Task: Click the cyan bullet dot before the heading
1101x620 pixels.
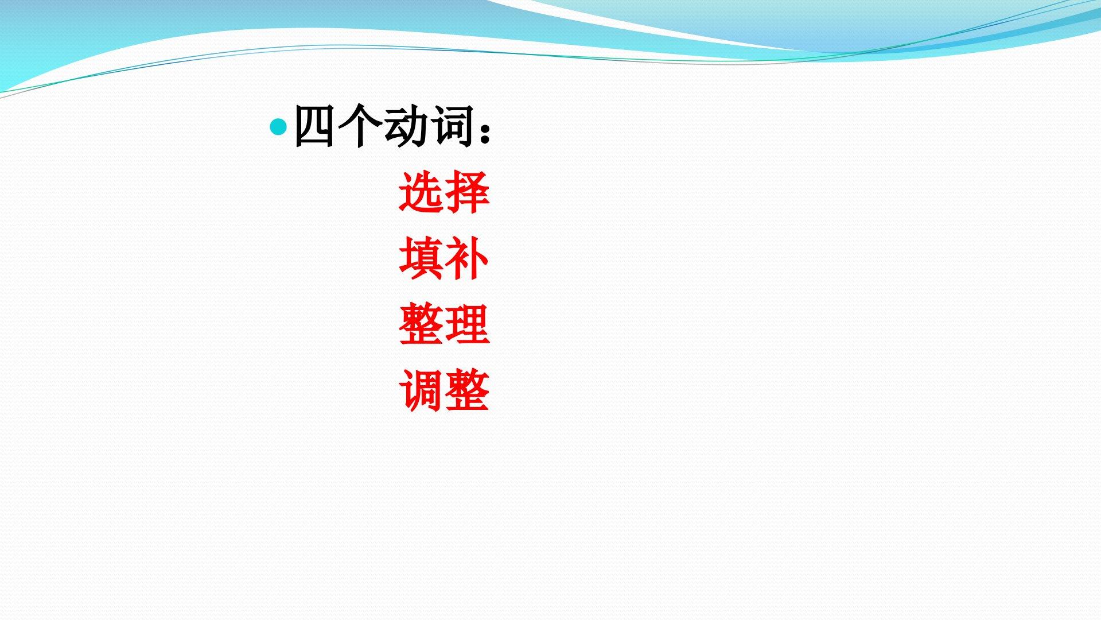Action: [x=278, y=126]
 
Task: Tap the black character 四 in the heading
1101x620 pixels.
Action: [x=314, y=126]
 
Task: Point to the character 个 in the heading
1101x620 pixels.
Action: [x=359, y=126]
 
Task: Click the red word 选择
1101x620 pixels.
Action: [x=444, y=192]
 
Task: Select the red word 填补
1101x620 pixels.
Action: [x=444, y=259]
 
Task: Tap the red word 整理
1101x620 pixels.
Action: [x=444, y=325]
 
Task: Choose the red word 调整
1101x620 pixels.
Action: [x=444, y=391]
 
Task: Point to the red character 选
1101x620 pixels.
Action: [x=421, y=192]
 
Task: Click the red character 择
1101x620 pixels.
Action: [x=467, y=192]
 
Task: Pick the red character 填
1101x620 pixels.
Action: [x=421, y=259]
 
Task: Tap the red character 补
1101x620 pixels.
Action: [x=467, y=259]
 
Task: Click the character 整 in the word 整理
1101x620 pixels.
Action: [x=421, y=325]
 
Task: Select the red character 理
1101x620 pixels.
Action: [x=467, y=325]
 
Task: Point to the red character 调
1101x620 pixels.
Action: [x=421, y=391]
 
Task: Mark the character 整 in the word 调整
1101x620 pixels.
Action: [x=467, y=391]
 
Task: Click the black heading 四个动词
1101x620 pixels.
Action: [x=383, y=126]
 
